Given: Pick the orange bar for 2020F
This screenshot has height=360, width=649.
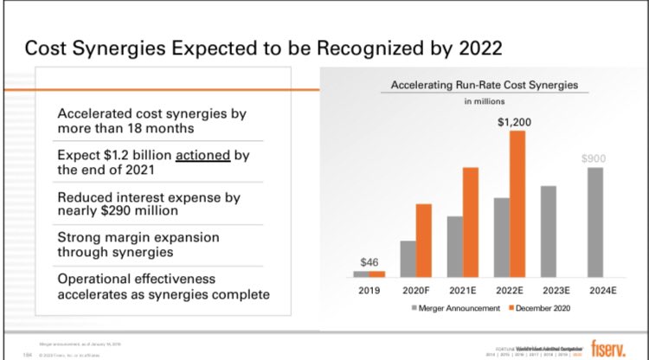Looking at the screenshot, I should point(424,240).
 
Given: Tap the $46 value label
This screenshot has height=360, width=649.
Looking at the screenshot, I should point(369,262).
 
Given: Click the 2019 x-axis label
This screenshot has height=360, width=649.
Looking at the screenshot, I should point(369,290).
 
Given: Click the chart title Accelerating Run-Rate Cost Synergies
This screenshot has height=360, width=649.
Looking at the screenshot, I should point(484,85).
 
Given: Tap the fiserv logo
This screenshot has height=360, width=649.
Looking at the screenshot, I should point(615,346).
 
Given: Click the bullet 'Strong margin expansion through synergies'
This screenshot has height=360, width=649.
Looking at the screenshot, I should point(138,245).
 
